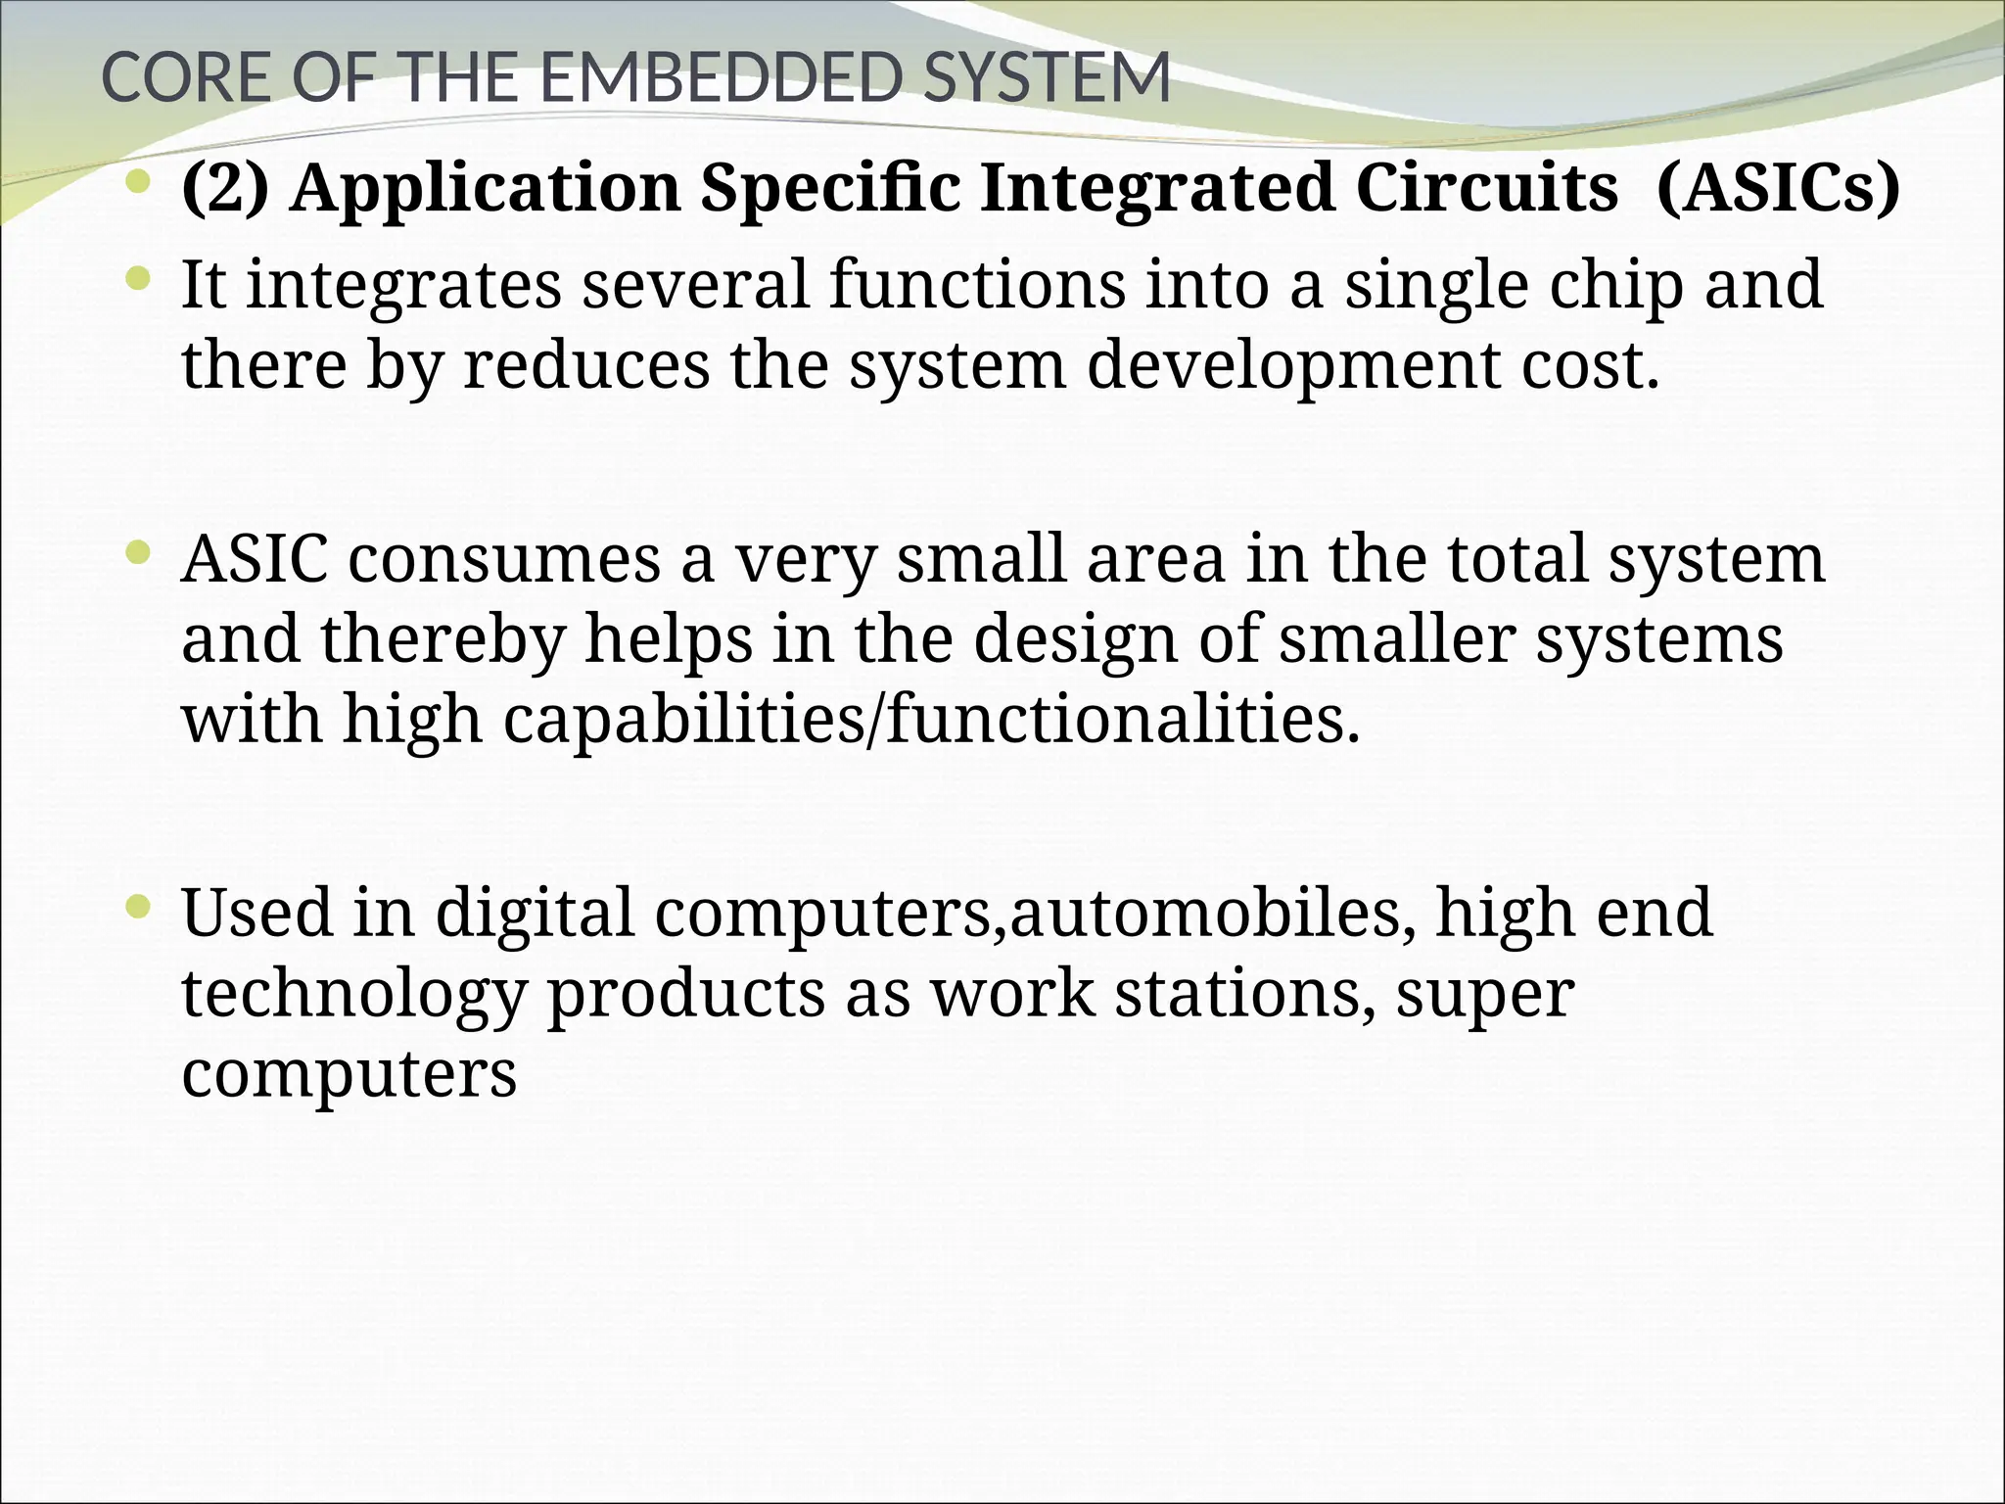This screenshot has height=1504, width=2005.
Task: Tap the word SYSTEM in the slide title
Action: tap(1046, 78)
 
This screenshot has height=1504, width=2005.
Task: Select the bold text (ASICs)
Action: tap(1778, 188)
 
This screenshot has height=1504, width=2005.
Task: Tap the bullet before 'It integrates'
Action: tap(140, 281)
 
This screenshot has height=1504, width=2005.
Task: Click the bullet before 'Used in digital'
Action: tap(140, 908)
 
